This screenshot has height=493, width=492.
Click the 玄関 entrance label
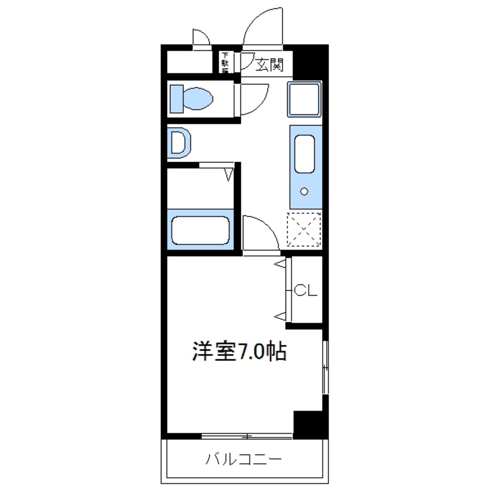(x=269, y=64)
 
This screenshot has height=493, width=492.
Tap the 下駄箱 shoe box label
(x=225, y=63)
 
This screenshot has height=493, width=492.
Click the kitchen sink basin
(x=305, y=153)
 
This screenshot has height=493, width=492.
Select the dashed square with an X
(x=304, y=229)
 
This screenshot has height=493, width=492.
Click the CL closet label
(x=305, y=291)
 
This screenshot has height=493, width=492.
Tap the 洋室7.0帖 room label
(x=239, y=351)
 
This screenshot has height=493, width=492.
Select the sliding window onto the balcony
(x=248, y=436)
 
